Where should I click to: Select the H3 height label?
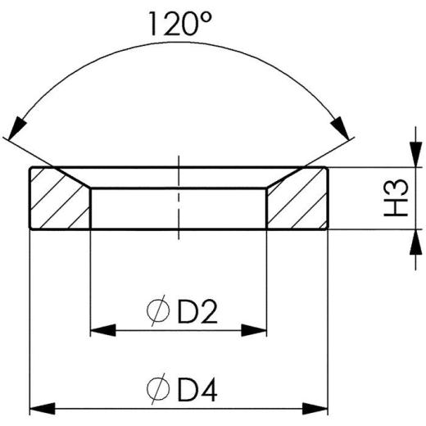click(x=399, y=198)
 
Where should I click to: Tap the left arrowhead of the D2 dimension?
click(x=101, y=330)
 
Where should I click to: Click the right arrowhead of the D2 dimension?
click(x=256, y=330)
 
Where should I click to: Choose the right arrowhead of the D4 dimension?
click(x=316, y=407)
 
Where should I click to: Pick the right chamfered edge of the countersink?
click(x=281, y=179)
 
